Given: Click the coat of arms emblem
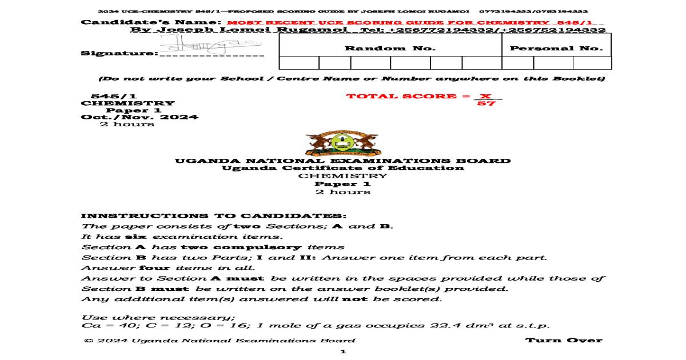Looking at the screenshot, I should click(x=342, y=144).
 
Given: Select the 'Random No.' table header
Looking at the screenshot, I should click(x=390, y=49).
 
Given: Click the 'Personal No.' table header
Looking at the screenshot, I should click(x=556, y=49).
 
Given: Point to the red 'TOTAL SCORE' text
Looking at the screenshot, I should click(x=401, y=96).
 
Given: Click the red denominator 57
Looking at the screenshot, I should click(x=486, y=104).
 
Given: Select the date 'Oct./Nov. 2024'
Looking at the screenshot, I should click(x=139, y=117).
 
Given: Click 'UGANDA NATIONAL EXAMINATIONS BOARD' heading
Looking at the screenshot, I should click(x=342, y=161).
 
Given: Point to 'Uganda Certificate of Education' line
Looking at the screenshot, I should click(x=342, y=168).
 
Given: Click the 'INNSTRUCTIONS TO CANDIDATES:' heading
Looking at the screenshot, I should click(x=214, y=216).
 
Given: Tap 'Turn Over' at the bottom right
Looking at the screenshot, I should click(x=564, y=341).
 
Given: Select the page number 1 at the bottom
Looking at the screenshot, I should click(x=343, y=352).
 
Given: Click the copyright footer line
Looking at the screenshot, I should click(x=219, y=341).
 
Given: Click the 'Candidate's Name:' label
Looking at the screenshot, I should click(x=151, y=22).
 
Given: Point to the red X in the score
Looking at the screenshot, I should click(x=485, y=96).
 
